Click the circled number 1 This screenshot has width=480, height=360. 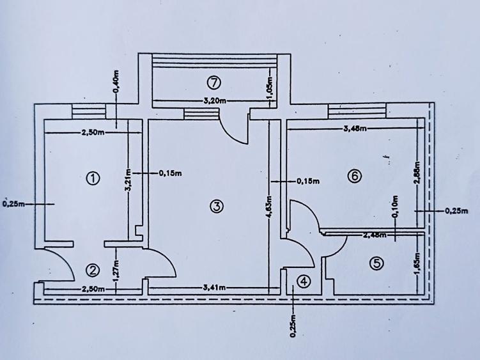pyautogui.click(x=93, y=178)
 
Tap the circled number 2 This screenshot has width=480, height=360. pyautogui.click(x=93, y=269)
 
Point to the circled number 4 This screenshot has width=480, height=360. pyautogui.click(x=304, y=281)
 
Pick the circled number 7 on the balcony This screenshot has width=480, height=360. pyautogui.click(x=215, y=82)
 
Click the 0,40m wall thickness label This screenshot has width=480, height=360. pyautogui.click(x=116, y=82)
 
